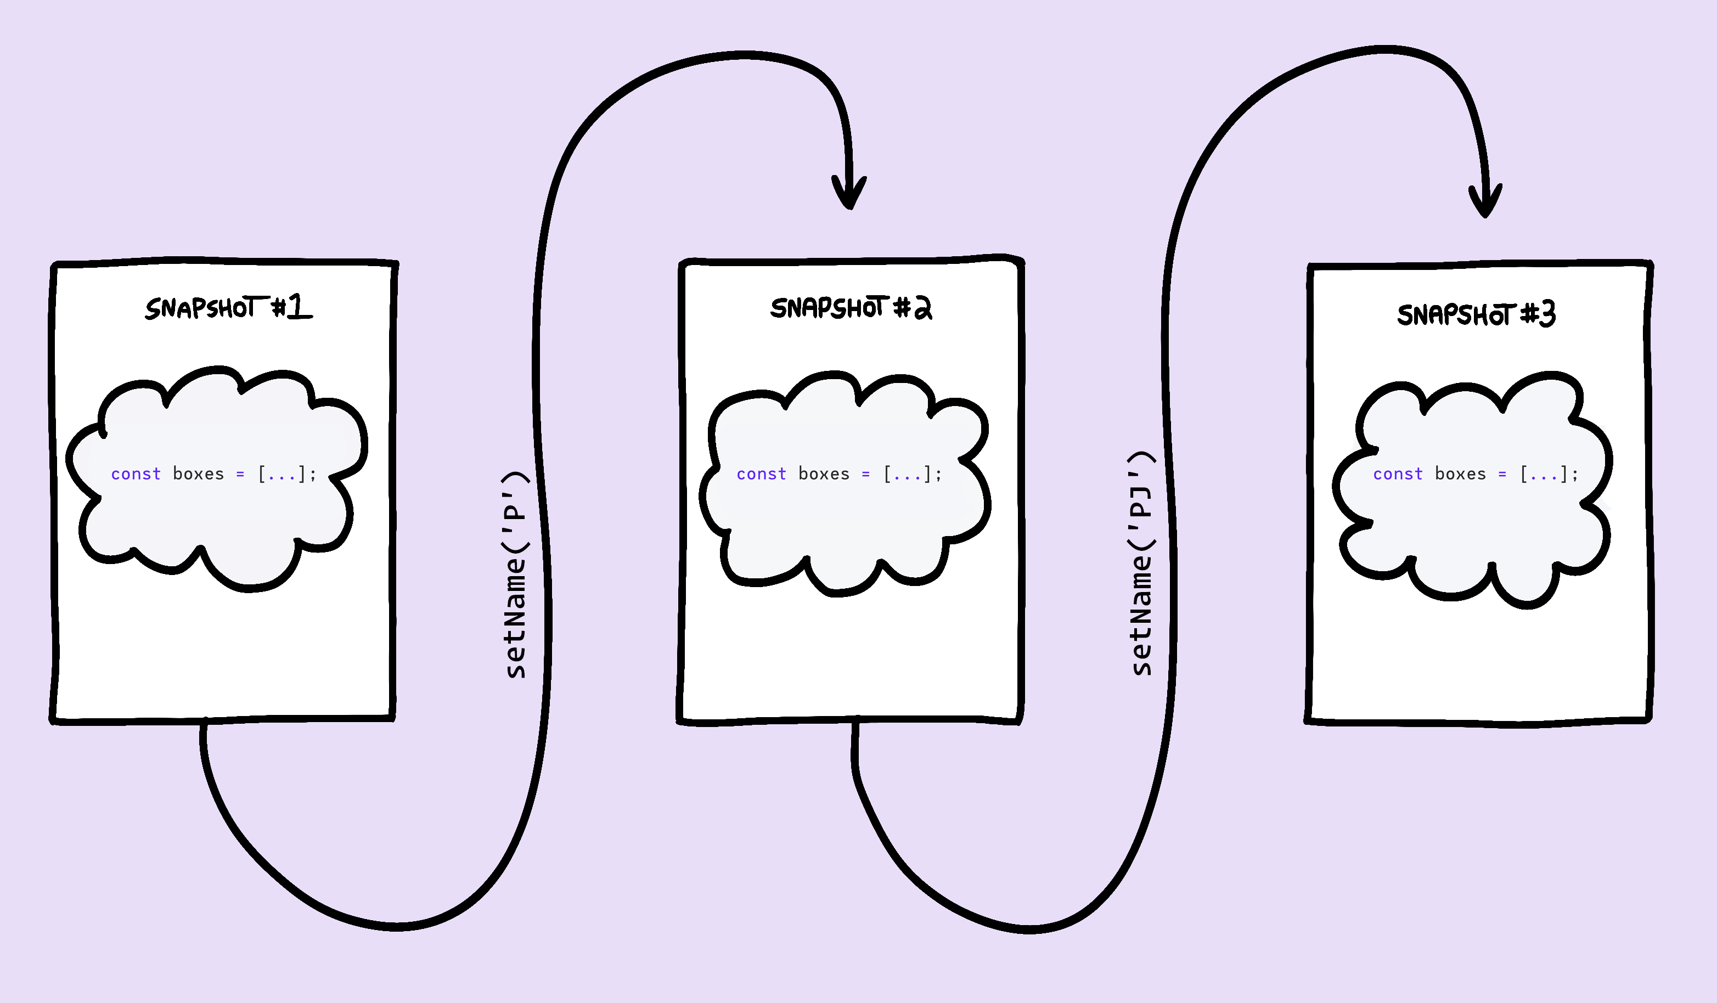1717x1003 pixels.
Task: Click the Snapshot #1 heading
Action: pyautogui.click(x=228, y=308)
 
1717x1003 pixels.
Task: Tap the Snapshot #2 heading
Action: pyautogui.click(x=851, y=308)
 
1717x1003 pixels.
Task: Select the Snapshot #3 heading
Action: pyautogui.click(x=1476, y=314)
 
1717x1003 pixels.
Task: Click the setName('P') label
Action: pyautogui.click(x=516, y=574)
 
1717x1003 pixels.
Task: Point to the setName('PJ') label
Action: pyautogui.click(x=1141, y=564)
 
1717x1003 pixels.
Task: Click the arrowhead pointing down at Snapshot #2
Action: pyautogui.click(x=849, y=194)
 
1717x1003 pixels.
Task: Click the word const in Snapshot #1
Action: pyautogui.click(x=136, y=474)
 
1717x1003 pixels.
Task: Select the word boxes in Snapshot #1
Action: pyautogui.click(x=198, y=474)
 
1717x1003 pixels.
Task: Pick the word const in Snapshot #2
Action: pyautogui.click(x=761, y=474)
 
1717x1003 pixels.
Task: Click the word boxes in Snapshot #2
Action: pyautogui.click(x=824, y=474)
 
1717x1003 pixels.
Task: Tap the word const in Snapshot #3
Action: pyautogui.click(x=1398, y=474)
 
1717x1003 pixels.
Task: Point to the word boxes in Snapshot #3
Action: pyautogui.click(x=1460, y=474)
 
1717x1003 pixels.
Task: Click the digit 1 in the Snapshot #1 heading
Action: pyautogui.click(x=297, y=307)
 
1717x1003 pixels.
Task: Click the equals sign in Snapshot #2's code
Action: pyautogui.click(x=865, y=474)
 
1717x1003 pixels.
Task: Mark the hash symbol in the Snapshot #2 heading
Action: pyautogui.click(x=902, y=308)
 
